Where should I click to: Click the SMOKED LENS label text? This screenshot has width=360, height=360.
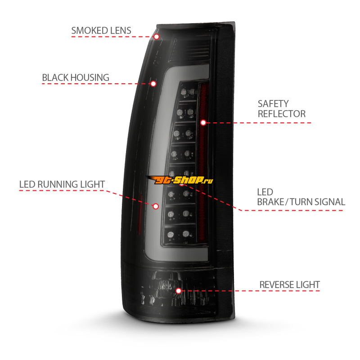(101, 31)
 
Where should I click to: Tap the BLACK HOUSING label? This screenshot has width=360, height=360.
(76, 77)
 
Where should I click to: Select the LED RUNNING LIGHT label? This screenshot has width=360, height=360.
(62, 184)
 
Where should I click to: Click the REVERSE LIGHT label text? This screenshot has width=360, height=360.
(289, 285)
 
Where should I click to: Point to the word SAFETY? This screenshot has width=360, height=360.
(273, 104)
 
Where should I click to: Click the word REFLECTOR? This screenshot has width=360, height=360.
(282, 114)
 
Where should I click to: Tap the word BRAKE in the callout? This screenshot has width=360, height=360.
(270, 202)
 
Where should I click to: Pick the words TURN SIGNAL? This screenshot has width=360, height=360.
(317, 202)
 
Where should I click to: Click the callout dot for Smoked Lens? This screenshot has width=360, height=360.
(156, 37)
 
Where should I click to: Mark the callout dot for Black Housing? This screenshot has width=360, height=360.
(153, 84)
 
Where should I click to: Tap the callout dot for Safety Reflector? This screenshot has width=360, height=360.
(203, 122)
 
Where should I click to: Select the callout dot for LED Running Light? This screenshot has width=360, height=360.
(156, 207)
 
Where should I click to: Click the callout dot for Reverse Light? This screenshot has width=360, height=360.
(178, 291)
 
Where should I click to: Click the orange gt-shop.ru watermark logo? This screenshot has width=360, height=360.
(180, 180)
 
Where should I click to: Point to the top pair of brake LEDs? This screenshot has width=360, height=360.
(188, 92)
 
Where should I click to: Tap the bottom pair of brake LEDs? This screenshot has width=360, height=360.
(178, 234)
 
